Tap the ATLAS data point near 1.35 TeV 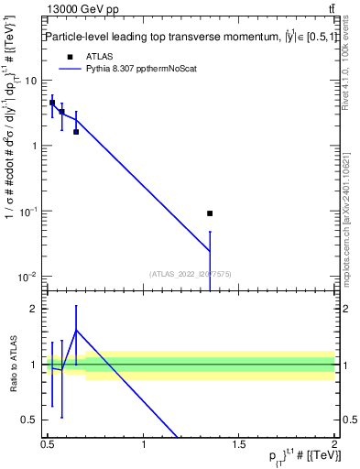tap(211, 213)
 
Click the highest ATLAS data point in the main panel tap(52, 103)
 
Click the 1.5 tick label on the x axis tap(239, 444)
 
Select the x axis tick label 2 tap(334, 444)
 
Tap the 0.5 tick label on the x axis tap(47, 444)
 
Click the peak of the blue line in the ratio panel tap(76, 330)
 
